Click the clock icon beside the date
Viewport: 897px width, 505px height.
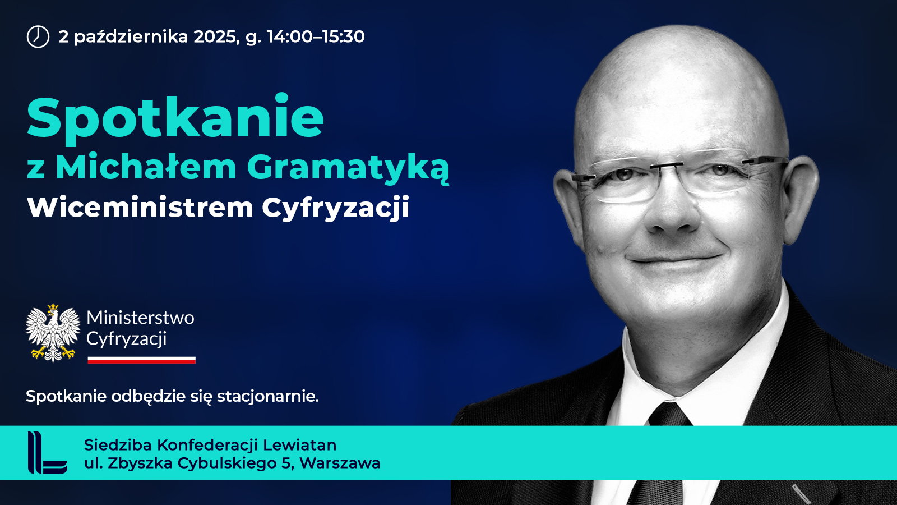[38, 37]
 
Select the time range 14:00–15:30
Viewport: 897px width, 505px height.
[316, 36]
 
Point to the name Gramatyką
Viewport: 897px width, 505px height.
[348, 167]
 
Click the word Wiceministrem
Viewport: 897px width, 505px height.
[140, 207]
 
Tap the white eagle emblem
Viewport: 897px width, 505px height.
[53, 333]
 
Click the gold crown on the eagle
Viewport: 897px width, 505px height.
[53, 308]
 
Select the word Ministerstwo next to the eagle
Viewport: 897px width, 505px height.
[140, 318]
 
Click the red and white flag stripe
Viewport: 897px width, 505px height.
[141, 360]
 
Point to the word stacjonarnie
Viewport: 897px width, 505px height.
[268, 397]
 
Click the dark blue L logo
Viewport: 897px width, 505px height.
[47, 453]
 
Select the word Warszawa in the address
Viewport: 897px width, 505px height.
[340, 463]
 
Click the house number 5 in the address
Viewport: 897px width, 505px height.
[286, 463]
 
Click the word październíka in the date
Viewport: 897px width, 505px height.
[131, 37]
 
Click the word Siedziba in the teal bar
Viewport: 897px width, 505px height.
[118, 445]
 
